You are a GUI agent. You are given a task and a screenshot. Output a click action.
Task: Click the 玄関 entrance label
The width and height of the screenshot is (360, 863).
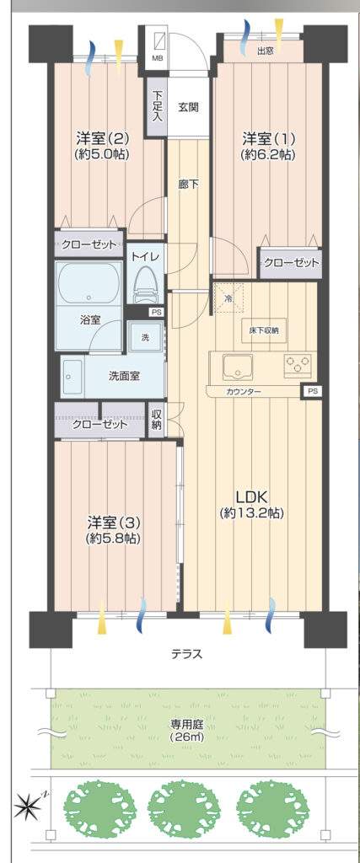187,106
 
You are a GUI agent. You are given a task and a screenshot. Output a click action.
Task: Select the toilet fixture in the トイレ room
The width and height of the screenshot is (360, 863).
146,283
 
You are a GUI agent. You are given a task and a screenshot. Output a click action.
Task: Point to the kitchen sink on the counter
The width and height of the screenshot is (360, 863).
237,366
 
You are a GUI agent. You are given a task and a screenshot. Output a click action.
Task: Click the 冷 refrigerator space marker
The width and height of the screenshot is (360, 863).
228,297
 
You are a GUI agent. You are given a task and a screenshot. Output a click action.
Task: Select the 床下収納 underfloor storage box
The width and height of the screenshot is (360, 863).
264,330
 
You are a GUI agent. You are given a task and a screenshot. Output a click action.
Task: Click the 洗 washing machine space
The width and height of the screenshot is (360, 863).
145,338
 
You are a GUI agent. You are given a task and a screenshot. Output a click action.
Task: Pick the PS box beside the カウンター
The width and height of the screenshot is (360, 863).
313,391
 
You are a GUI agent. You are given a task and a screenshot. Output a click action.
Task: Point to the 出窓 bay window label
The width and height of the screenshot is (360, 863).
265,51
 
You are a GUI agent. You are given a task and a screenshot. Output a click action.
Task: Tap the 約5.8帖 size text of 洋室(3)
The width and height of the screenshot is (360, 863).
112,539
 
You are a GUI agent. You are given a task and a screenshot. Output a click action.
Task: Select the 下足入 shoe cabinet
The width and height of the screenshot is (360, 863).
156,107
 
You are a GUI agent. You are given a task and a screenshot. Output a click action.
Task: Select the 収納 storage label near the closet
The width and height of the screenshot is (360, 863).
156,420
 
